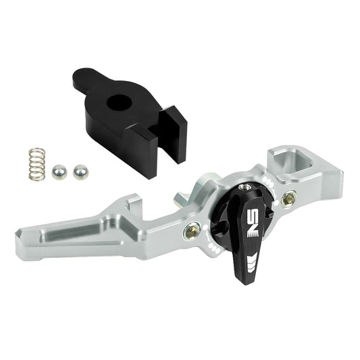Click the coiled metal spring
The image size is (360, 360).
point(37,164)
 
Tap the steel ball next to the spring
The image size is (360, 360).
point(59,172)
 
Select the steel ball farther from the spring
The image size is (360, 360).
point(80,172)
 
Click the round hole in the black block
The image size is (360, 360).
point(120,103)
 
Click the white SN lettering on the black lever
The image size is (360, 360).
point(253,223)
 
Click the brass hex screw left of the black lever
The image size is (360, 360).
point(192,232)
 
